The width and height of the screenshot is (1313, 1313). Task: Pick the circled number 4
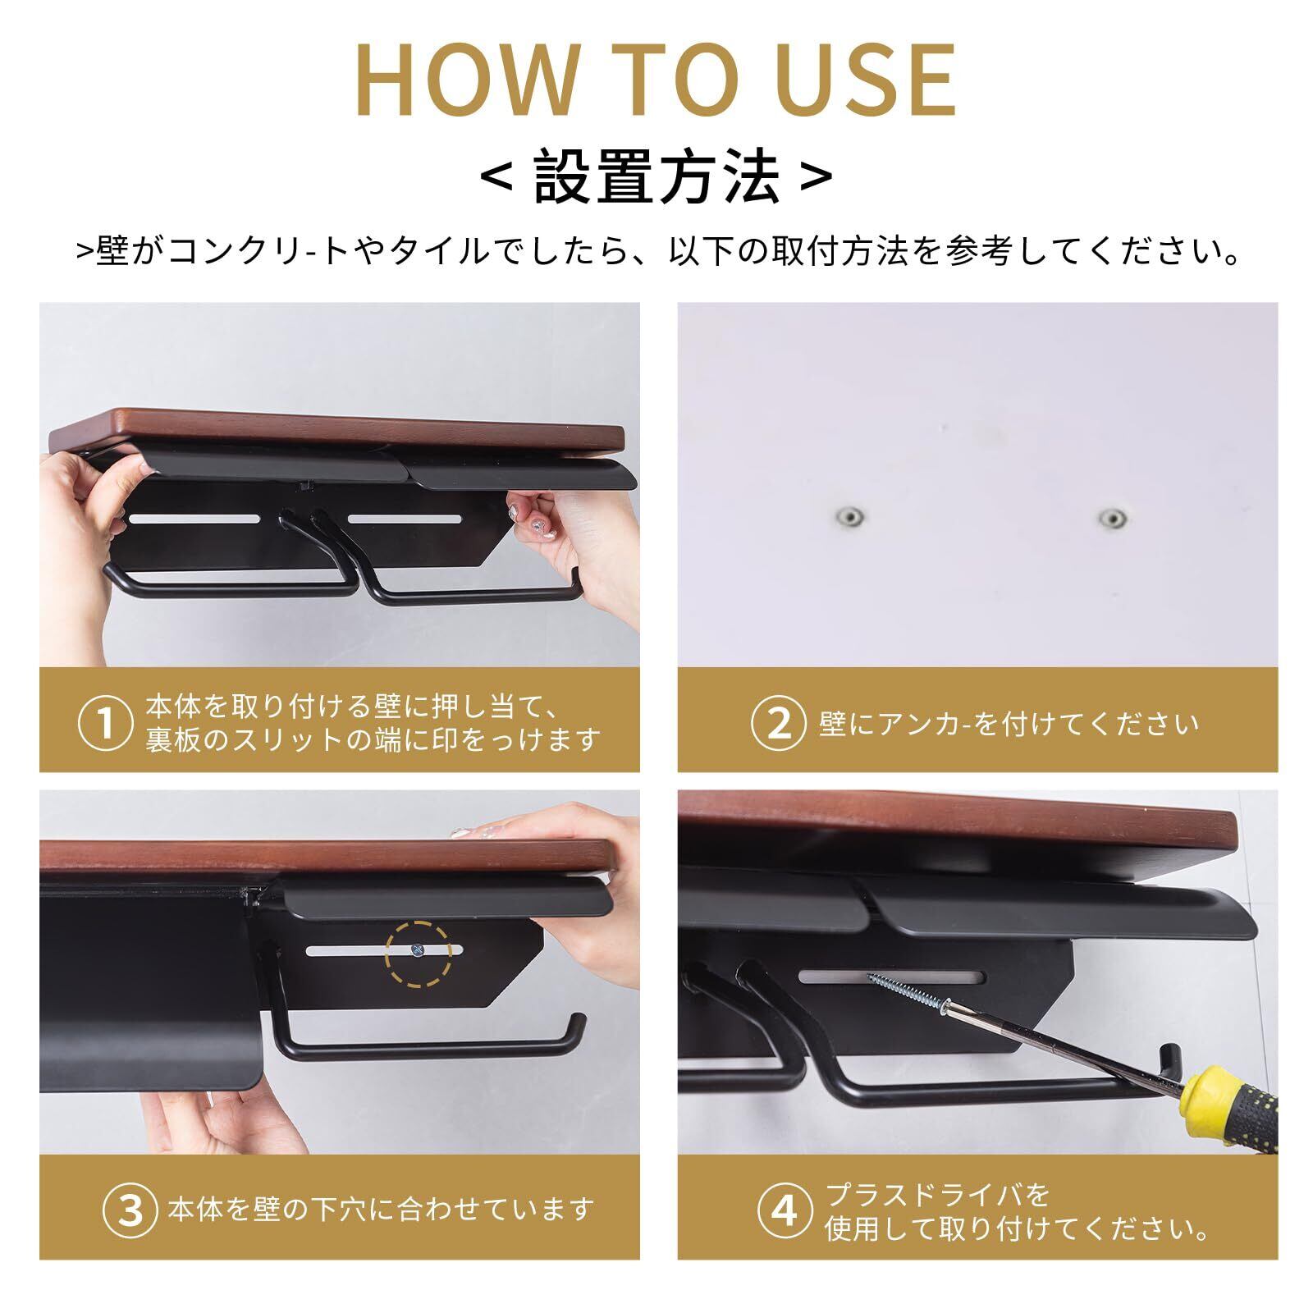[784, 1211]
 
